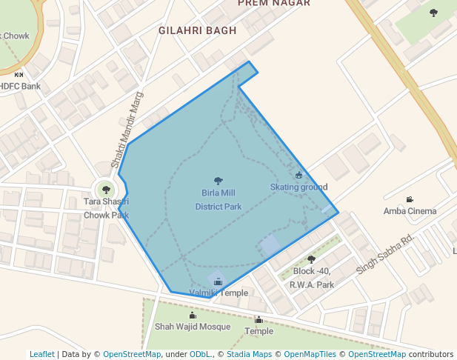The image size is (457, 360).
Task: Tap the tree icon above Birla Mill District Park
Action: point(218,181)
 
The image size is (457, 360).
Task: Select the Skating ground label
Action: point(298,187)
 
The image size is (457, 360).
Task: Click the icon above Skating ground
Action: point(298,176)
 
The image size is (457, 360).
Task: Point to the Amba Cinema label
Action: point(410,211)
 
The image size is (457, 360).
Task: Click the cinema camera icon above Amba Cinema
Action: point(410,199)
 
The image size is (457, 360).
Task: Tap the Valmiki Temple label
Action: point(219,293)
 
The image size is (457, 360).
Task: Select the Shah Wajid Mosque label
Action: point(193,327)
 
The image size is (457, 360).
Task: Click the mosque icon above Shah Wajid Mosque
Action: point(193,316)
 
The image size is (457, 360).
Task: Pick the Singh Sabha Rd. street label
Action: point(384,254)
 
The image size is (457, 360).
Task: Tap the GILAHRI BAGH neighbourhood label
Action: point(197,31)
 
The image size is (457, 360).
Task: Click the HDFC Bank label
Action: point(20,86)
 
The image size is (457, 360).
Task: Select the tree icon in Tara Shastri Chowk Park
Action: point(106,190)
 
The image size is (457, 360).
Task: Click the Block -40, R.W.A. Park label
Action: point(311,277)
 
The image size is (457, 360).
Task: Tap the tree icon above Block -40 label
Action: point(311,259)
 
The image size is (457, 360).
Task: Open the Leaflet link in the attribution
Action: point(41,354)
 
